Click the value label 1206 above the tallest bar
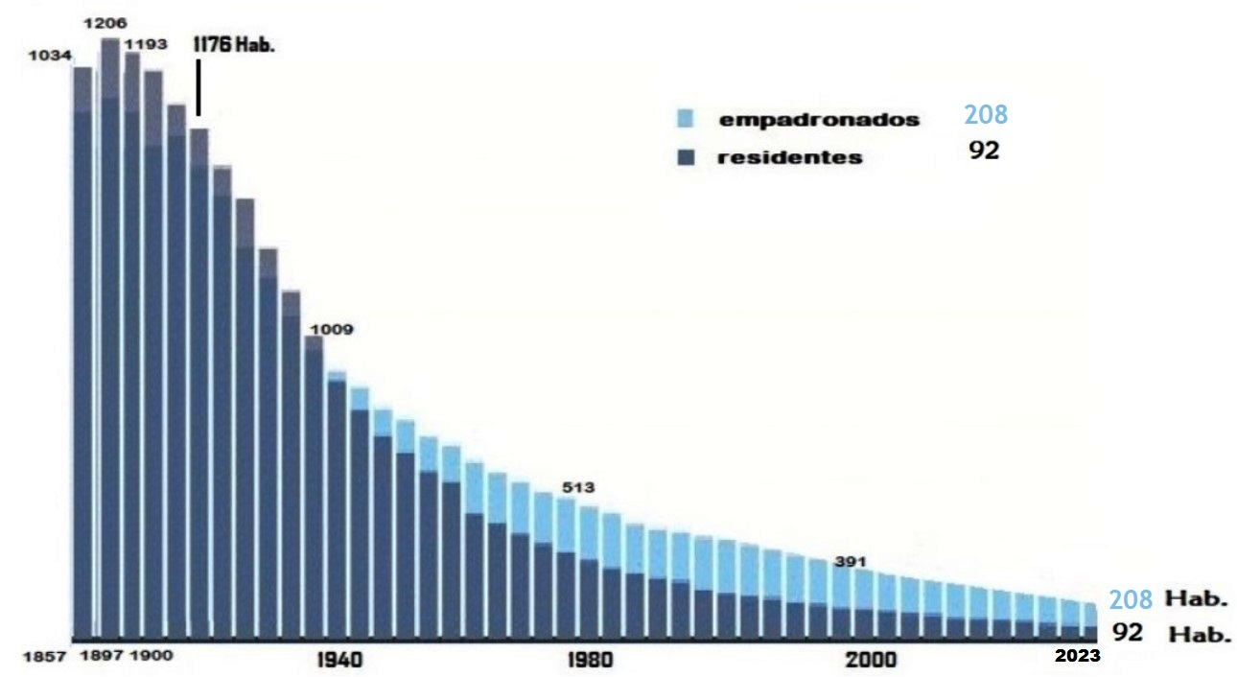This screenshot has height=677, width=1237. click(x=106, y=22)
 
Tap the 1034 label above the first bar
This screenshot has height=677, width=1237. click(x=51, y=56)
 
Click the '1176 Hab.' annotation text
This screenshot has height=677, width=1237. click(x=234, y=44)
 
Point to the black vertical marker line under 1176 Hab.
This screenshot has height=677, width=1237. click(x=198, y=89)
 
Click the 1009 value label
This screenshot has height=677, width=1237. click(x=330, y=330)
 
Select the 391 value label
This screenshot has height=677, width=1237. click(x=851, y=562)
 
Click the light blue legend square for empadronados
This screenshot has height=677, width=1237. click(x=685, y=119)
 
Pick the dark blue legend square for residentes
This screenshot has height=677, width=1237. click(x=685, y=157)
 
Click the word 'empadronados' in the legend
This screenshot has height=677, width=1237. click(x=819, y=120)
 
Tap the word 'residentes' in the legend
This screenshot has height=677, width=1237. click(x=789, y=158)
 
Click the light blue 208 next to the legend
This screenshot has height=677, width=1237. click(x=986, y=115)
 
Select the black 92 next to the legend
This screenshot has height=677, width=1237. click(x=984, y=151)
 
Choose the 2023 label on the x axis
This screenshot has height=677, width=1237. click(x=1078, y=657)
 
